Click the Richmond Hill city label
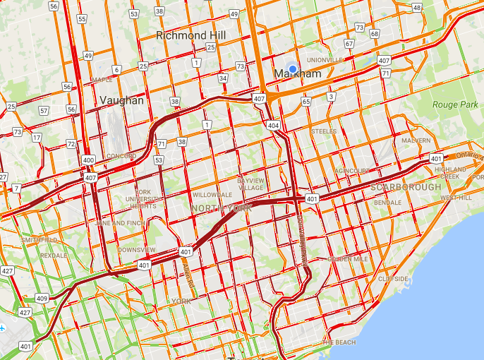point(187,35)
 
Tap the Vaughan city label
point(121,100)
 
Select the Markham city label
point(298,74)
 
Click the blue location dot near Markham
point(293,68)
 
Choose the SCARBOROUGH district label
point(405,187)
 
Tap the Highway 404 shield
point(273,124)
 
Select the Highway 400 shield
point(88,161)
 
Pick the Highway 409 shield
point(42,299)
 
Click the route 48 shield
point(417,8)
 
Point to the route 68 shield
point(374,34)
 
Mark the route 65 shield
point(305,102)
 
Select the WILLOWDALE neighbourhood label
point(212,194)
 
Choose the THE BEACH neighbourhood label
point(338,342)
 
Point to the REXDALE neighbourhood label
point(53,255)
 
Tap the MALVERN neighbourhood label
point(416,140)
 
